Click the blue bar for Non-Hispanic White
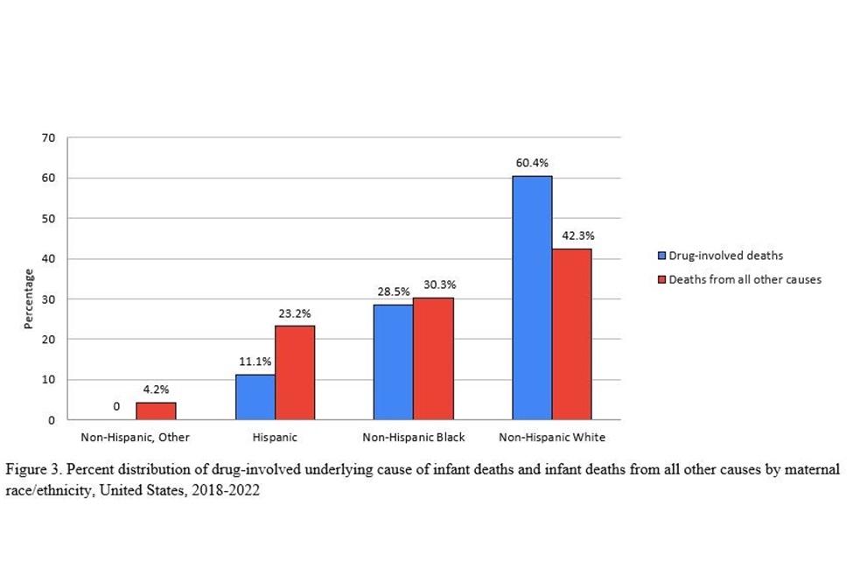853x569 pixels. [532, 298]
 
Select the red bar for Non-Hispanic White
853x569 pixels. [571, 334]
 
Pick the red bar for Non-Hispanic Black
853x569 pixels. [433, 358]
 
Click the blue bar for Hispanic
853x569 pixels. [255, 397]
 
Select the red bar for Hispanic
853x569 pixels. [295, 372]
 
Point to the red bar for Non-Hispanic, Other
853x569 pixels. [156, 411]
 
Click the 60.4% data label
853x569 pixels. [532, 164]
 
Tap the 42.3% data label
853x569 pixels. [572, 236]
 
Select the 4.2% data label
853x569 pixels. [157, 390]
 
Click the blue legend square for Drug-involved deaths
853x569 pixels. [662, 256]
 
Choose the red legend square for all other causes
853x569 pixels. [662, 280]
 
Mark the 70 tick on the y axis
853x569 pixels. [49, 137]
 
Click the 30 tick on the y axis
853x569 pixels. [49, 299]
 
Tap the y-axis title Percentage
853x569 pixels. [28, 299]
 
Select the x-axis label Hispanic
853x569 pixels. [276, 436]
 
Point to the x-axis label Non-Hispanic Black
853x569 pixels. [414, 436]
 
